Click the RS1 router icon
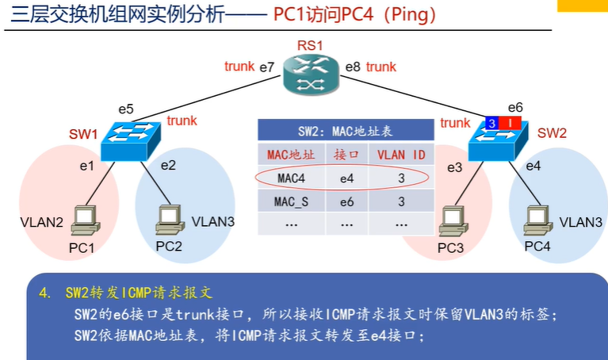311,70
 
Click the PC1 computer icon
82,220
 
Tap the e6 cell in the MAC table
346,201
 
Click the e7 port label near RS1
267,67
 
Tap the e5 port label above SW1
126,109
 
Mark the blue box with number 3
491,123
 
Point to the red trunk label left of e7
239,67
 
